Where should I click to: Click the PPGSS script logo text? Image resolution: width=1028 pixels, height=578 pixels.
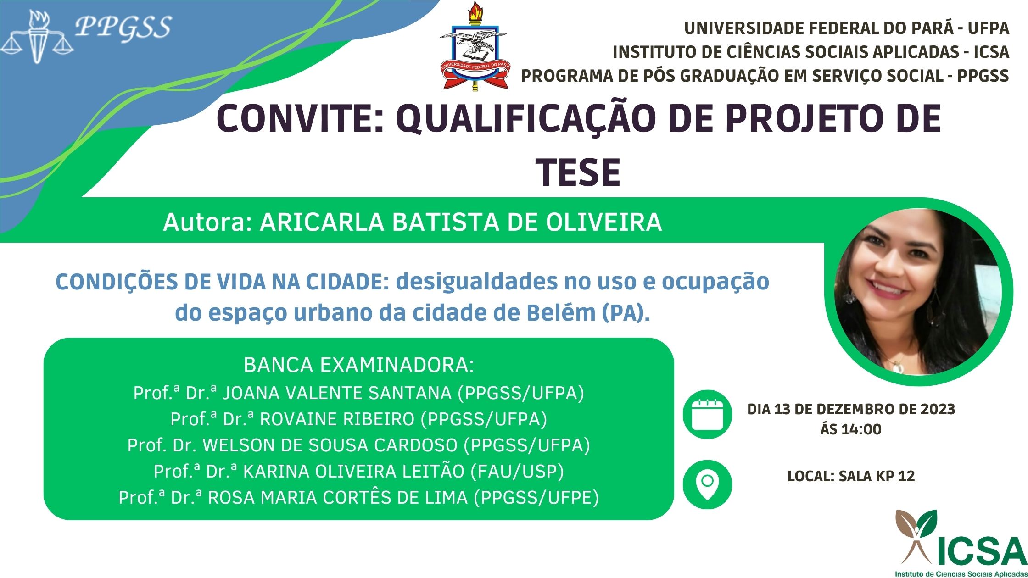click(x=123, y=28)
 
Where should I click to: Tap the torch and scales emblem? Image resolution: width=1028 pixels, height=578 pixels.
click(x=37, y=37)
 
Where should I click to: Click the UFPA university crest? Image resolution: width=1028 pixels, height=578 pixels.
click(x=474, y=46)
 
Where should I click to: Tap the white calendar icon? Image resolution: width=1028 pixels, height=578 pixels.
click(x=707, y=415)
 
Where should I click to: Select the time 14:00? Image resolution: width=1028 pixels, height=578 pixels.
click(x=863, y=429)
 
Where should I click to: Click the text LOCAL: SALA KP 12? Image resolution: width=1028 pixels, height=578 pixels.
click(x=851, y=476)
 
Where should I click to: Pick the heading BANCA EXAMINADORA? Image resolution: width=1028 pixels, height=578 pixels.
click(x=358, y=365)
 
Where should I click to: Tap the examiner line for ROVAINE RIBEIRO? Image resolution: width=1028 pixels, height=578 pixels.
click(x=358, y=419)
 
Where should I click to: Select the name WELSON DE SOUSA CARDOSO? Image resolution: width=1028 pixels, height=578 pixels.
click(x=330, y=445)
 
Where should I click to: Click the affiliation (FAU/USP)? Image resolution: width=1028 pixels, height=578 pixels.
click(x=517, y=472)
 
